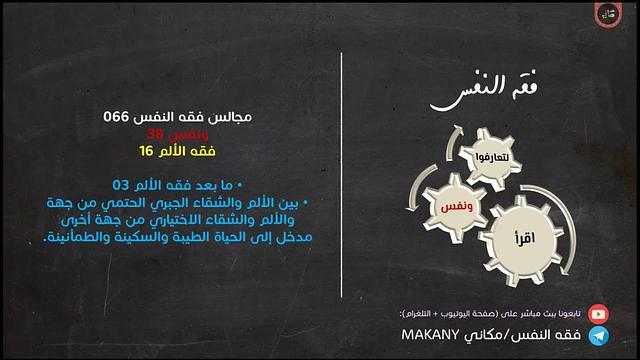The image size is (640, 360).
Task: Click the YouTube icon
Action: [598, 313]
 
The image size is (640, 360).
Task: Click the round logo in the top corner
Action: [607, 16]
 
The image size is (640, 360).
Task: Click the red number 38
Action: [155, 133]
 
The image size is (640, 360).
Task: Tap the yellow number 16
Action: [146, 150]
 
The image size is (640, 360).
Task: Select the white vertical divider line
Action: [343, 180]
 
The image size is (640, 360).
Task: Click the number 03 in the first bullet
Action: [120, 185]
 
